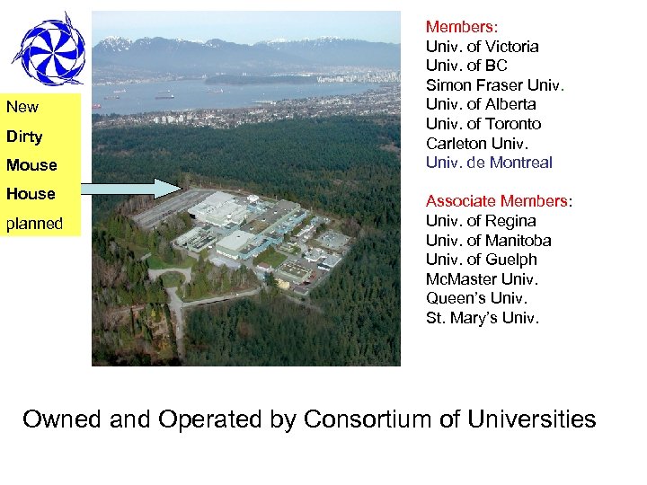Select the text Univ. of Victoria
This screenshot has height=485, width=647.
(x=482, y=47)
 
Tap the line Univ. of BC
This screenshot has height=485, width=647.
(x=466, y=66)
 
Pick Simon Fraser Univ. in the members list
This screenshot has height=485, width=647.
(x=494, y=85)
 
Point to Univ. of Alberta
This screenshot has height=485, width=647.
(x=480, y=104)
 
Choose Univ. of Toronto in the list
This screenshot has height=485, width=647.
(x=483, y=124)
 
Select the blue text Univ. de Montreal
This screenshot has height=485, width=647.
(x=489, y=163)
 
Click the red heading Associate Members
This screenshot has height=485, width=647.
(x=497, y=201)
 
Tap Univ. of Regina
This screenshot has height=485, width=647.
(x=480, y=221)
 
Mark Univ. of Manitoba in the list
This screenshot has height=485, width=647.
(x=488, y=241)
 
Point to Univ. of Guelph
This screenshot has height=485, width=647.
(x=481, y=260)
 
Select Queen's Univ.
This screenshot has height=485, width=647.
(x=476, y=298)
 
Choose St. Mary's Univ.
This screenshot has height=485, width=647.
(x=483, y=318)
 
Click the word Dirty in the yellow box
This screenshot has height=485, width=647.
(x=24, y=137)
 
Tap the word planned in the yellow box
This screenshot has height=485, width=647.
(x=34, y=224)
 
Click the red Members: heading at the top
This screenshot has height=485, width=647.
(x=462, y=27)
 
